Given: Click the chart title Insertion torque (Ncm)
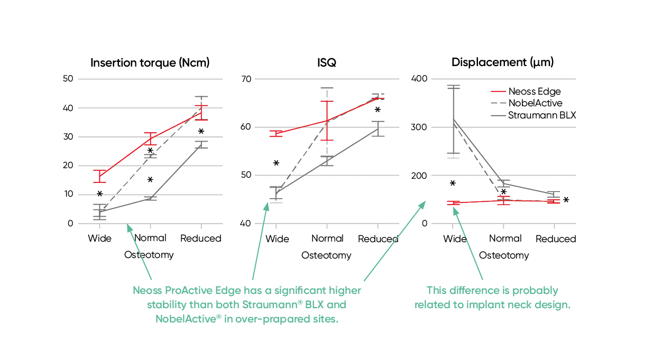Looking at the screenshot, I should coord(150,63).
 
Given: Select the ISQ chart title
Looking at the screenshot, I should coord(327,63).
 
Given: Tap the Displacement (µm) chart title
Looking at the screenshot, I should coord(502,62).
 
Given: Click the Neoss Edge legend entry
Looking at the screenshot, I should coord(534,91).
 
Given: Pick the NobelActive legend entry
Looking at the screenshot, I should coord(535,103).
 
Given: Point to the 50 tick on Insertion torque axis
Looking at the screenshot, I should coord(68,79).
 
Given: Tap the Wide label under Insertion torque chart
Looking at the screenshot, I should coord(99,238).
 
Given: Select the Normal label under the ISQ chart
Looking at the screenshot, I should coord(327,238).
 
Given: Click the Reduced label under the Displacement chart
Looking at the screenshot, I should coord(555,239).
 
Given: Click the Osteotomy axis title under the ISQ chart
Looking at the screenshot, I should coord(326,255).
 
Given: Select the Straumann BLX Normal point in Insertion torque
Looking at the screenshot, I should coord(150,199).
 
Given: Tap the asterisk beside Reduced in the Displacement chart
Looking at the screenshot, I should coord(566,200).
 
